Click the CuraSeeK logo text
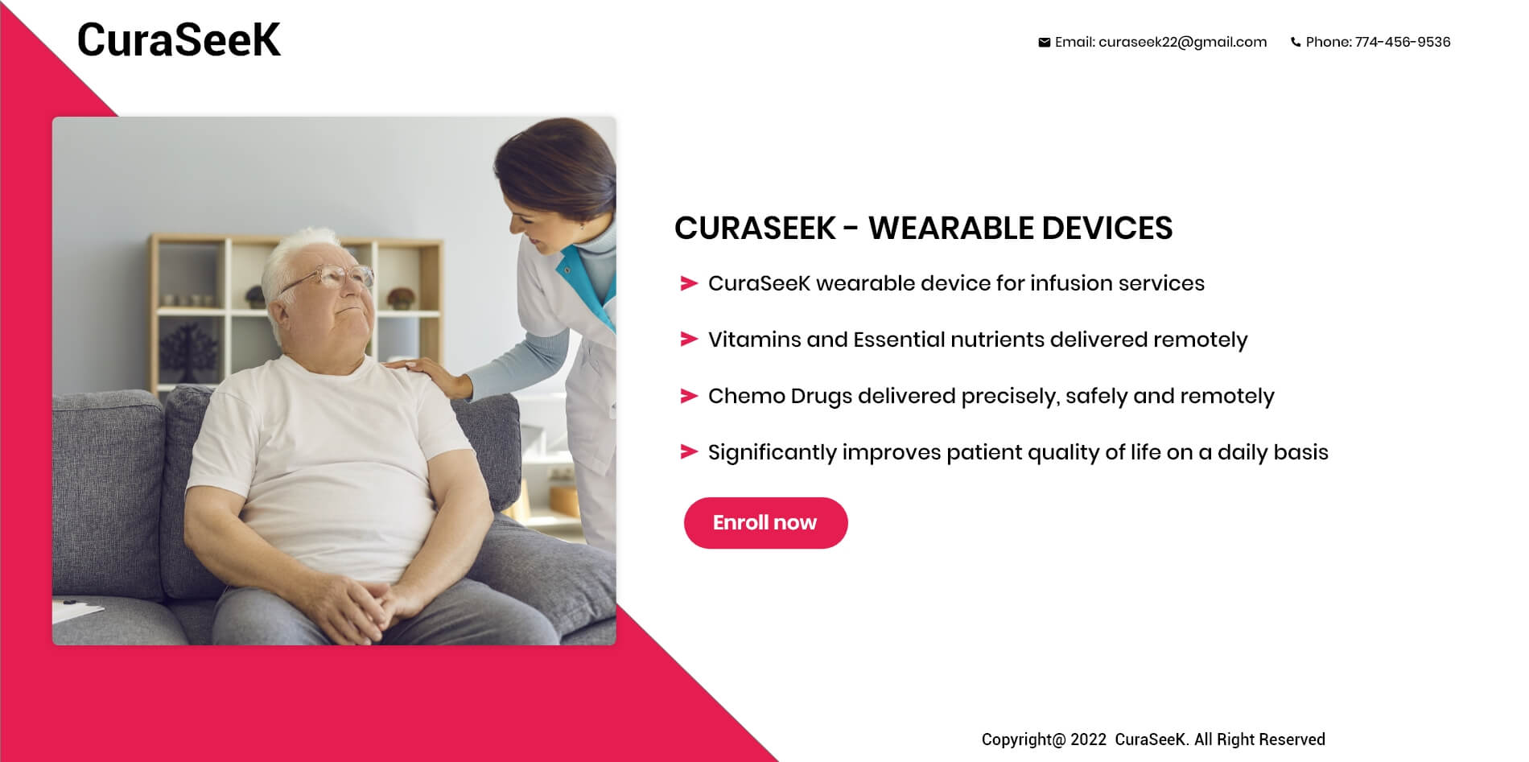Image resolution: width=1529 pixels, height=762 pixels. pyautogui.click(x=179, y=39)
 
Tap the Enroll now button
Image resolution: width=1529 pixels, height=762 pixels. pyautogui.click(x=765, y=523)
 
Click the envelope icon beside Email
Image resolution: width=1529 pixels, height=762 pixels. pyautogui.click(x=1044, y=43)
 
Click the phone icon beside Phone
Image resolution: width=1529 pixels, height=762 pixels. pyautogui.click(x=1295, y=43)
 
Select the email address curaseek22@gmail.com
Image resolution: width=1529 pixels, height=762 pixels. pyautogui.click(x=1182, y=43)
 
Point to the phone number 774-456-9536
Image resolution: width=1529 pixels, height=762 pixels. pyautogui.click(x=1403, y=42)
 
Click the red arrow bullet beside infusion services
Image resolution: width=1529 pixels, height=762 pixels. pyautogui.click(x=689, y=283)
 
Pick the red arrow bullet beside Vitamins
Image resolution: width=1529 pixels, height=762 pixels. pyautogui.click(x=689, y=340)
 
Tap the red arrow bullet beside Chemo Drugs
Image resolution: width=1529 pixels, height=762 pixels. pyautogui.click(x=689, y=396)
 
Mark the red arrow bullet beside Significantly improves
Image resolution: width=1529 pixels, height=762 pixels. pyautogui.click(x=689, y=452)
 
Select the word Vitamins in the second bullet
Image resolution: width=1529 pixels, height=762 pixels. pyautogui.click(x=755, y=340)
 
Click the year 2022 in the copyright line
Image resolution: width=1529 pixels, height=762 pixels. pyautogui.click(x=1089, y=739)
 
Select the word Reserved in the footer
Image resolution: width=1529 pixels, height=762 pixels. pyautogui.click(x=1292, y=739)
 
